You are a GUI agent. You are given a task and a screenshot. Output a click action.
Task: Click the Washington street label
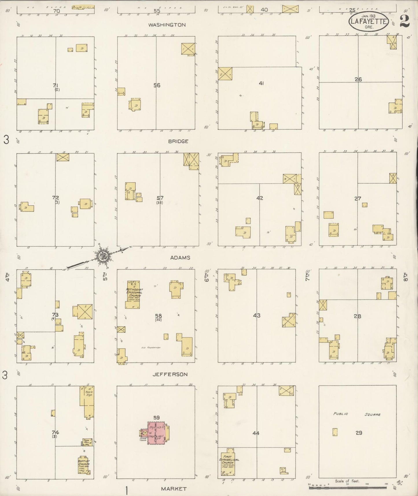tap(167, 25)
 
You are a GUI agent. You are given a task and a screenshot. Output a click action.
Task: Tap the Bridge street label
tap(178, 141)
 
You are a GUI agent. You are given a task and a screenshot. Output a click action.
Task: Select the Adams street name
tap(180, 258)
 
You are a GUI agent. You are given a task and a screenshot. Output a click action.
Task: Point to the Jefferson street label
tap(170, 374)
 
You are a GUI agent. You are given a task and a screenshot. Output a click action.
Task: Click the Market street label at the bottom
tap(174, 488)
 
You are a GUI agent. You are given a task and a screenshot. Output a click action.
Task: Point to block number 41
tap(261, 83)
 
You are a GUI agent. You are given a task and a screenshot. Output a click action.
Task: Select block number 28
tap(357, 316)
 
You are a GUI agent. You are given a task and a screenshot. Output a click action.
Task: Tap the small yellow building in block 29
tap(335, 432)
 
